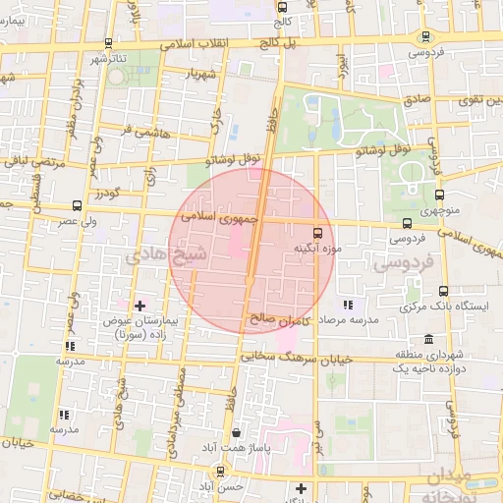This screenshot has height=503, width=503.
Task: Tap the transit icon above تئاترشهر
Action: pyautogui.click(x=107, y=44)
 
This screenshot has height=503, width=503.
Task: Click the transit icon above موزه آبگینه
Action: pyautogui.click(x=317, y=233)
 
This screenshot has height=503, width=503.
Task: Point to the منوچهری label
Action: pyautogui.click(x=437, y=210)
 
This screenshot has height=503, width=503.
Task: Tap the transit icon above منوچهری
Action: pyautogui.click(x=438, y=195)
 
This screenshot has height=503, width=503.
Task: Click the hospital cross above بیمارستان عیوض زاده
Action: pyautogui.click(x=140, y=307)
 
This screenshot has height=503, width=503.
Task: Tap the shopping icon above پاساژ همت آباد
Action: pyautogui.click(x=236, y=432)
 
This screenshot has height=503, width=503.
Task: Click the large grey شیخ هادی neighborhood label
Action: pyautogui.click(x=167, y=257)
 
